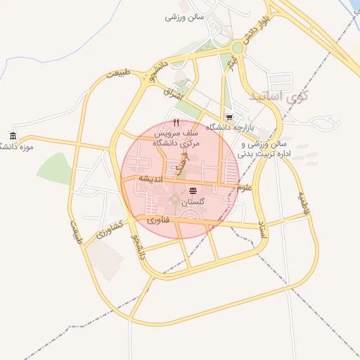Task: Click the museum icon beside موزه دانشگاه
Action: pos(13,136)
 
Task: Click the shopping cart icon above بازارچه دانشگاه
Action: pos(229,117)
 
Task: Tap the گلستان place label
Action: pos(193,202)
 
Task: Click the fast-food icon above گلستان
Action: pos(193,191)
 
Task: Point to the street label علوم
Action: pos(244,187)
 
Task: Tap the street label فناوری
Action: pos(157,220)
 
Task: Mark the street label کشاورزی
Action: pos(110,229)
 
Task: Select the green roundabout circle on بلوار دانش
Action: pos(238,48)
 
